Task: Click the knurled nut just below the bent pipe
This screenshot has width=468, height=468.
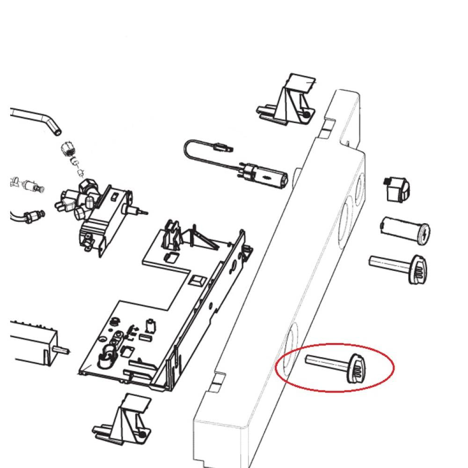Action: [x=68, y=150]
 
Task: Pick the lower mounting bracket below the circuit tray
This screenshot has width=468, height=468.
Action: [x=124, y=418]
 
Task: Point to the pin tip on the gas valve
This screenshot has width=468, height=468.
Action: [x=146, y=212]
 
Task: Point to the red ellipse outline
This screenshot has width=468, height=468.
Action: [x=335, y=346]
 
